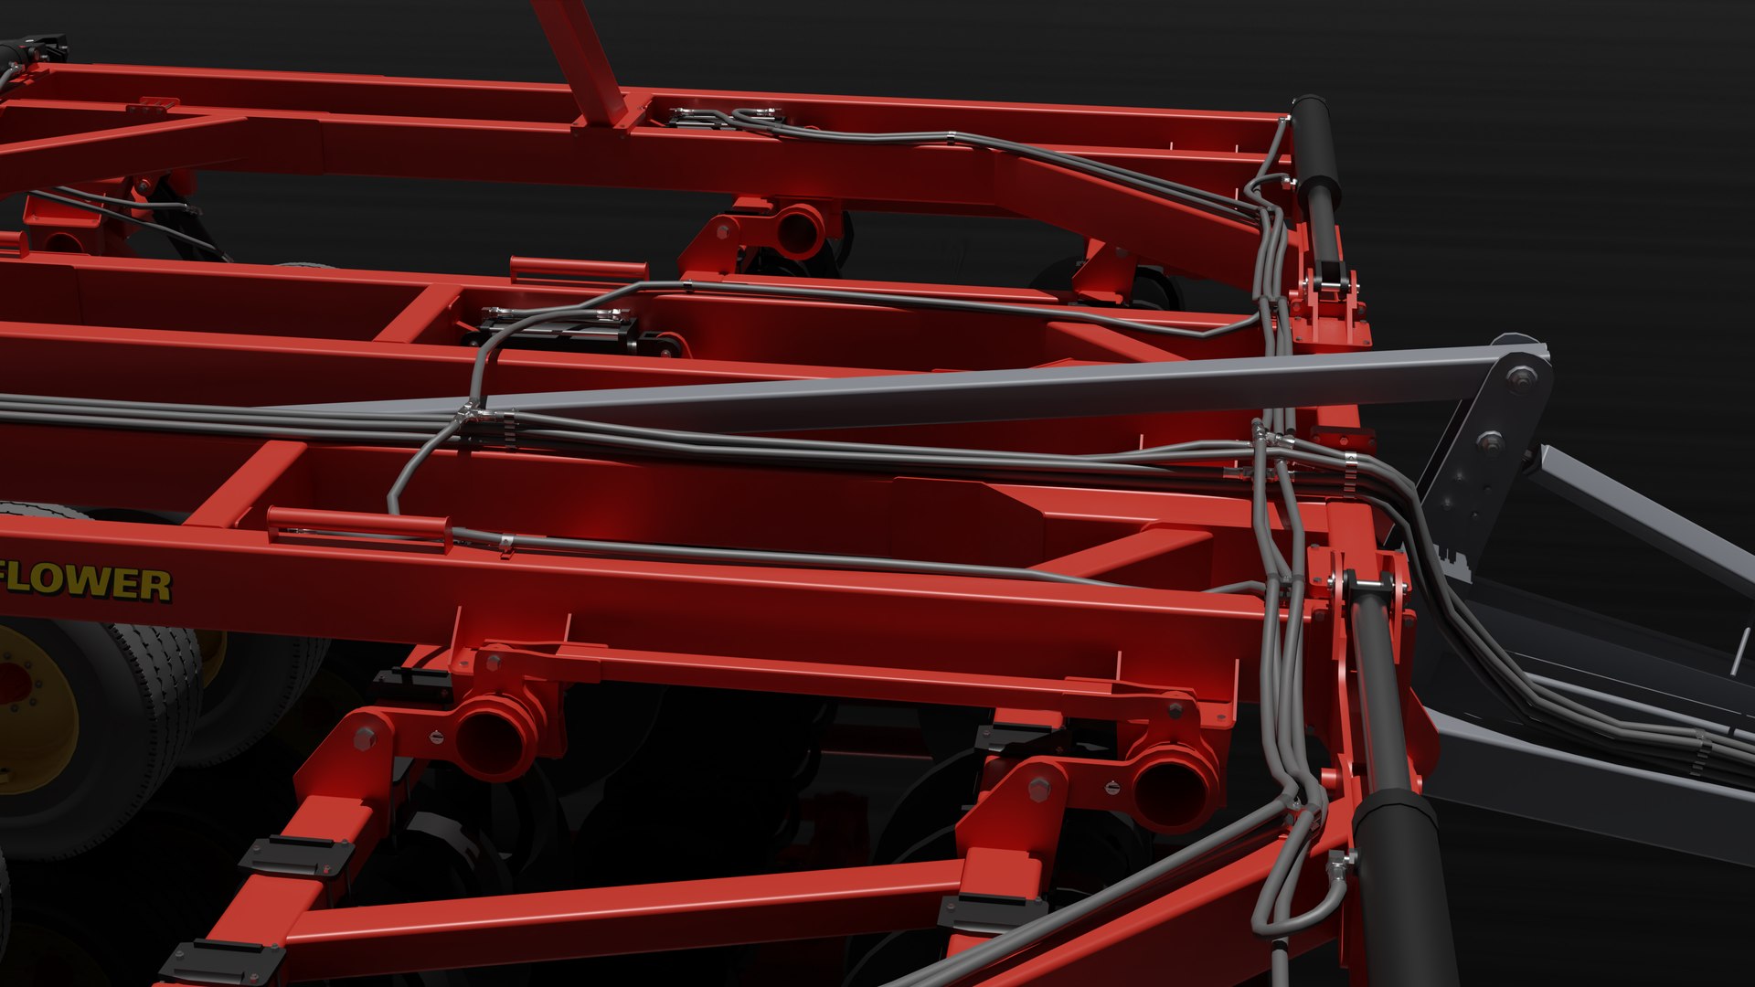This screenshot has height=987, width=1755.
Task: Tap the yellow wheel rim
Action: point(32,705)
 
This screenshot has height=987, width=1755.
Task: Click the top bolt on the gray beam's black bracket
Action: point(1521,376)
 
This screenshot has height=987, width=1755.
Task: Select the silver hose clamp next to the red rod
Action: point(505,546)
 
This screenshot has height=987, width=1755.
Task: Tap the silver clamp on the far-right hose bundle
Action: point(1700,755)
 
